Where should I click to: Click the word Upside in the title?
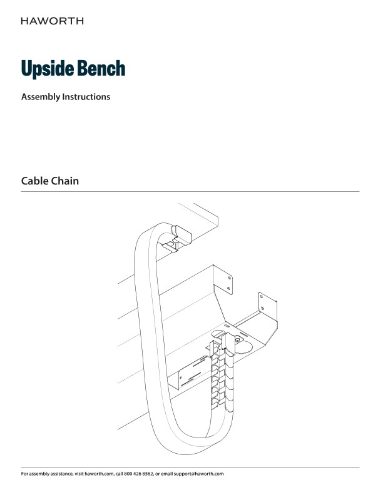[46, 69]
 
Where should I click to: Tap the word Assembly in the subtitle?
[40, 97]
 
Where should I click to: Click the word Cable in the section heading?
[37, 181]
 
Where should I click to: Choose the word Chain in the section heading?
[70, 181]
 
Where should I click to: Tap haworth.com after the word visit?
[99, 474]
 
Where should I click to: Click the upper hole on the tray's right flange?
[264, 297]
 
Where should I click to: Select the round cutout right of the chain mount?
[245, 346]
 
